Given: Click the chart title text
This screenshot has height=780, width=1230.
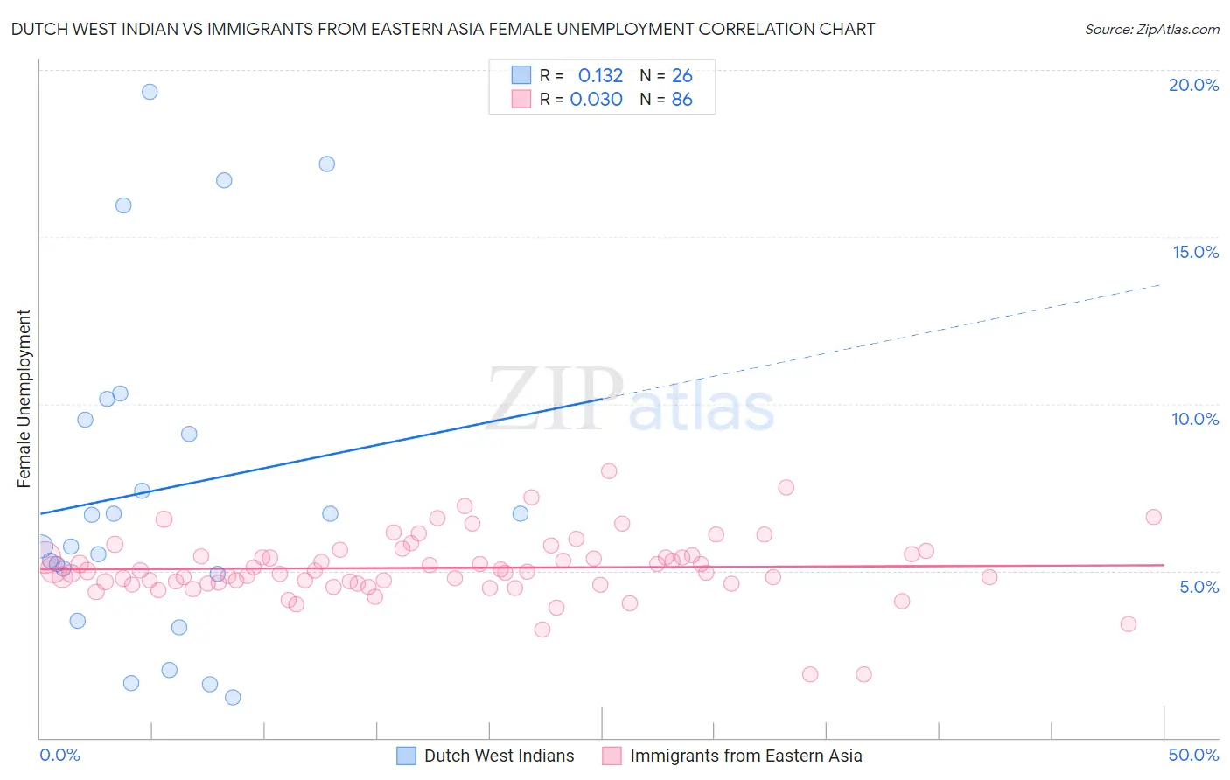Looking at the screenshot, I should click(443, 30).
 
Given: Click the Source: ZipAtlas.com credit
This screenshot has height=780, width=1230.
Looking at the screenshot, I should click(1151, 30).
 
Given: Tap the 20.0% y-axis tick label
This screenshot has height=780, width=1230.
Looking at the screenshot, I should click(1193, 85).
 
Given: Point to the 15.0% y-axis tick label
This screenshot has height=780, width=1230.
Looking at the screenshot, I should click(1195, 252).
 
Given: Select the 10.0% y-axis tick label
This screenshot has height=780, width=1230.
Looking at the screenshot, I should click(1195, 419).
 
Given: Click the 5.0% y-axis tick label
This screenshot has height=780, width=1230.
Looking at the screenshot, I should click(1199, 587).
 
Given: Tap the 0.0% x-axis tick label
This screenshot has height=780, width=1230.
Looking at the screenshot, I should click(59, 755).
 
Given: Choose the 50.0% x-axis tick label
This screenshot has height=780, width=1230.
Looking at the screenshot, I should click(1193, 755).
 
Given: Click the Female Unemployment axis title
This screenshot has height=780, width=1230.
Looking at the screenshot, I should click(24, 399).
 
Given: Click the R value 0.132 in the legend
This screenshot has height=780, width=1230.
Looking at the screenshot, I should click(600, 76).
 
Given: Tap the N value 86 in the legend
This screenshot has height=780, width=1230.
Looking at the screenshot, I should click(681, 100).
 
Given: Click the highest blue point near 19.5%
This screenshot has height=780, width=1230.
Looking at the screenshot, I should click(150, 92).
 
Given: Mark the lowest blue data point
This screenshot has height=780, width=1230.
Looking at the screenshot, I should click(233, 697).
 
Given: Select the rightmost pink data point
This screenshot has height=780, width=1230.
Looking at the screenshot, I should click(1153, 517).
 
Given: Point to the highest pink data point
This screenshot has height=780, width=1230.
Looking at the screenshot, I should click(609, 471).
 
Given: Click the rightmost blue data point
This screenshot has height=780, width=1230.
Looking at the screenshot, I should click(521, 513).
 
